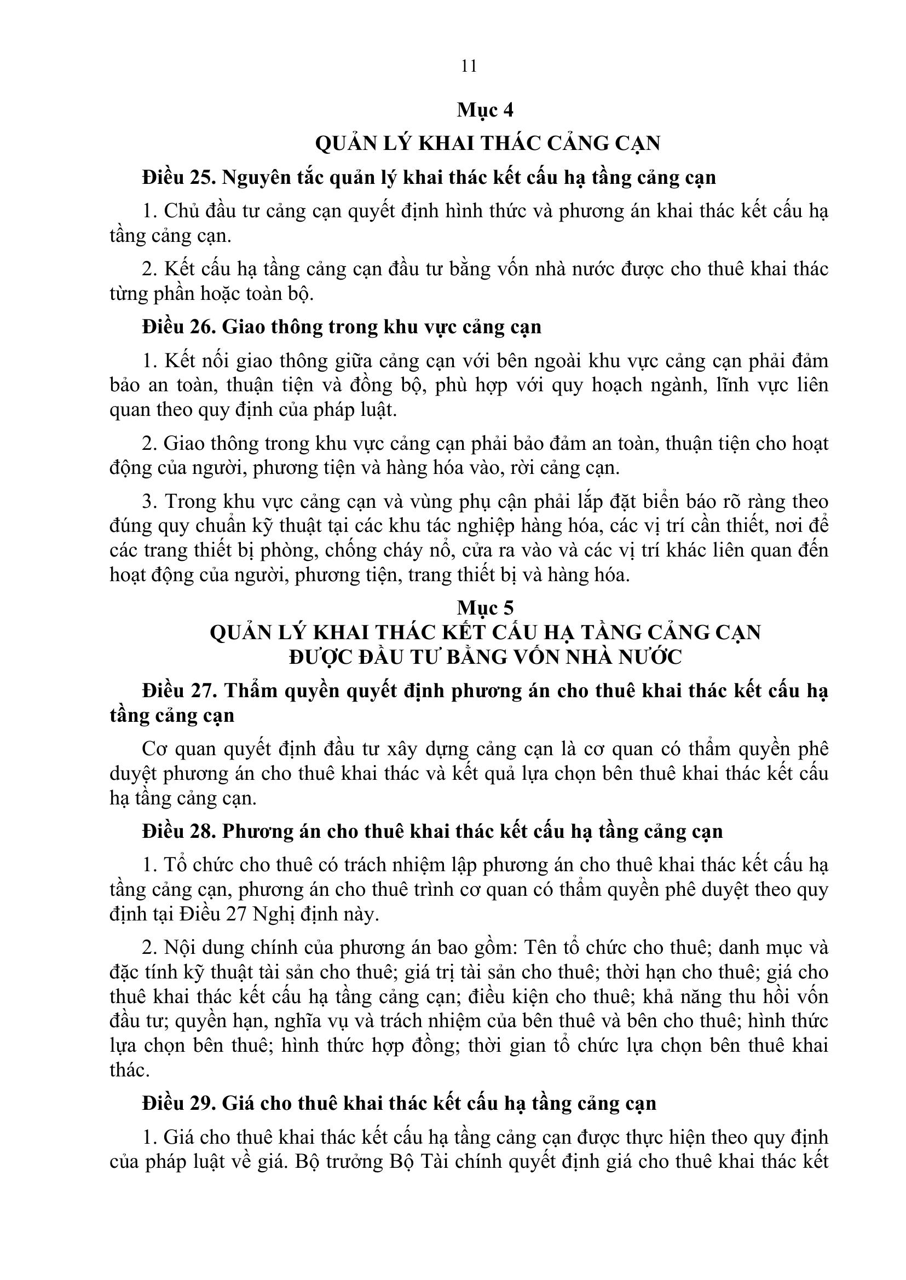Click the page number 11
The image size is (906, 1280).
tap(469, 66)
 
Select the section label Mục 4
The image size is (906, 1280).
tap(485, 110)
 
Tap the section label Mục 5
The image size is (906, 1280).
tap(485, 607)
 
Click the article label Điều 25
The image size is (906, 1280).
tap(178, 177)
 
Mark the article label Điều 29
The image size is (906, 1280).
tap(178, 1103)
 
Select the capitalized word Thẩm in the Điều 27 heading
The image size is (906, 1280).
tap(251, 691)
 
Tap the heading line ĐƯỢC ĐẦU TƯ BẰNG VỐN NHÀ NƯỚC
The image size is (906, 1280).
tap(486, 657)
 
